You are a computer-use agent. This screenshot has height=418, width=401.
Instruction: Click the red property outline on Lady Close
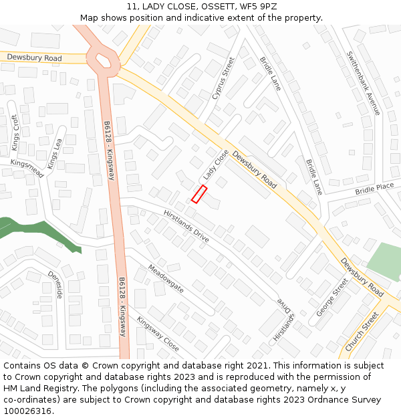point(199,194)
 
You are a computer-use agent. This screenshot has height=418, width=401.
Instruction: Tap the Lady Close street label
point(216,165)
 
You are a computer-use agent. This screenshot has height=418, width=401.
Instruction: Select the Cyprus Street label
point(224,78)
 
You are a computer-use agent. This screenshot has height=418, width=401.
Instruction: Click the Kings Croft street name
point(15,132)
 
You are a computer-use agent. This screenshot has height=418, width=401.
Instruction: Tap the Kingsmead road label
point(27,169)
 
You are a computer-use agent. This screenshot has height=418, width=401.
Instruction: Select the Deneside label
point(55,285)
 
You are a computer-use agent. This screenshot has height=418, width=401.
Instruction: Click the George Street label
point(332,298)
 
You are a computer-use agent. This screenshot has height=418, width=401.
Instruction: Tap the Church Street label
point(362,331)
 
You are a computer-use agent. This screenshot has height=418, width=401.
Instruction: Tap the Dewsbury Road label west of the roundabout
point(34,58)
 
